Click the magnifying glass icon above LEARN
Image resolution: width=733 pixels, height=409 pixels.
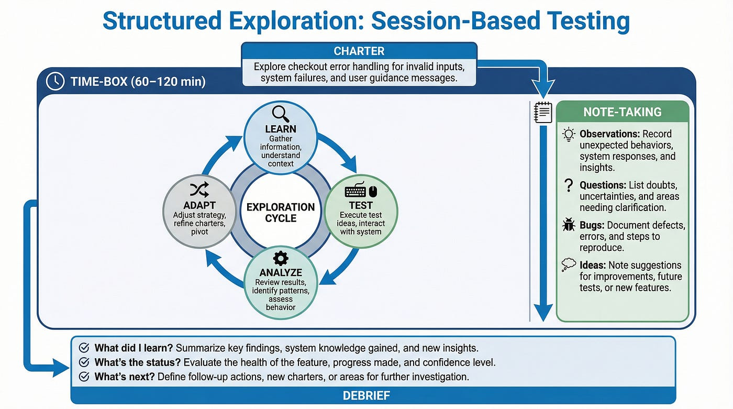click(x=281, y=113)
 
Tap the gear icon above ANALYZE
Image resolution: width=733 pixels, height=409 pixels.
click(x=281, y=258)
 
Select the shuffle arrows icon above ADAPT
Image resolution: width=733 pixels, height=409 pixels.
click(x=200, y=189)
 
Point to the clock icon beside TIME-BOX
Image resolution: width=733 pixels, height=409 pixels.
click(x=55, y=81)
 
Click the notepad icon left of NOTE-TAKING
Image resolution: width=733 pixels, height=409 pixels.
click(x=543, y=112)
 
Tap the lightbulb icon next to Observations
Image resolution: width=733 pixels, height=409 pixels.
click(x=569, y=134)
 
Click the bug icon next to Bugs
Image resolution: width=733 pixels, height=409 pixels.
click(x=569, y=226)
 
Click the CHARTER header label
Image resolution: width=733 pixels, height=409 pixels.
click(x=359, y=51)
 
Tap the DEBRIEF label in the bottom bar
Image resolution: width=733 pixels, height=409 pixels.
click(x=366, y=395)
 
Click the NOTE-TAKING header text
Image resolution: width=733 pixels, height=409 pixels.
click(x=623, y=112)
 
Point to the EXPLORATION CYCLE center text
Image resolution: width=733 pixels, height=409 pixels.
click(x=281, y=212)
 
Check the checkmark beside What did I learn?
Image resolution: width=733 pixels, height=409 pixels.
click(x=83, y=348)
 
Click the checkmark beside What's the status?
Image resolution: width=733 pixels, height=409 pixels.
click(x=83, y=362)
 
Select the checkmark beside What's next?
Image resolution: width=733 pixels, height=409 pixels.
click(x=83, y=377)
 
